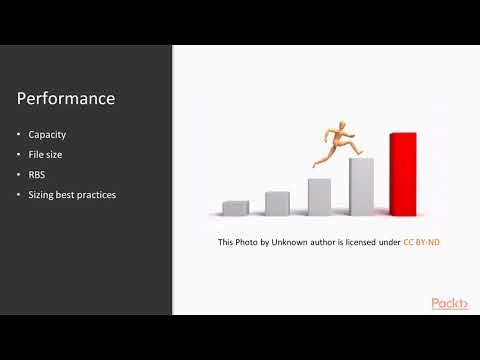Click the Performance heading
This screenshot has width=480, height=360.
click(x=66, y=99)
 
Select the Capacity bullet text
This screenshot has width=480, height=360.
click(x=48, y=133)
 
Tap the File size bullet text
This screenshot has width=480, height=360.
click(x=48, y=153)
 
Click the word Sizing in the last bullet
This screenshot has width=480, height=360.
click(x=43, y=194)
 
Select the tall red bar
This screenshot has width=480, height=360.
click(x=402, y=173)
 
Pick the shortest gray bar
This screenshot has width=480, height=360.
click(x=236, y=207)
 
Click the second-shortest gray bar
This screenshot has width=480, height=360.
click(x=277, y=203)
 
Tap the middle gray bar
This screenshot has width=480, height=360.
click(x=319, y=196)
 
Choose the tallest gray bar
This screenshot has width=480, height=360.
click(x=361, y=186)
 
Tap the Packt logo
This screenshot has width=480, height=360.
click(x=449, y=303)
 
